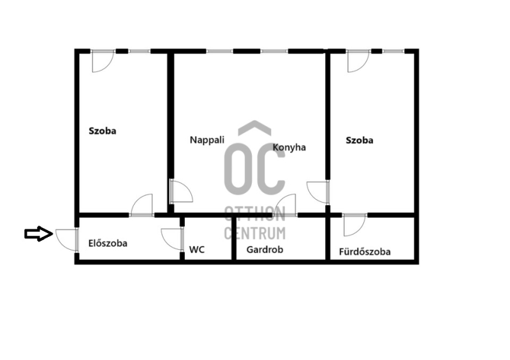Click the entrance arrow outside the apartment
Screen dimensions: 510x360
39,233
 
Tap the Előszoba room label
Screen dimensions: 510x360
108,243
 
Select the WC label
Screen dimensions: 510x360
197,249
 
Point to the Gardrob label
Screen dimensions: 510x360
265,249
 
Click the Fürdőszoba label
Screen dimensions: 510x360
365,252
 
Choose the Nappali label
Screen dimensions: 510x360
207,140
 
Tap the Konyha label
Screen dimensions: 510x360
289,147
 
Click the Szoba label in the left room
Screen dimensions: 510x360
103,131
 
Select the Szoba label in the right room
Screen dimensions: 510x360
360,140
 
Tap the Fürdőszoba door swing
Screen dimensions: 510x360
354,225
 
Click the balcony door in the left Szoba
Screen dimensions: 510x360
103,61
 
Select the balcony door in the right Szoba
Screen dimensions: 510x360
358,61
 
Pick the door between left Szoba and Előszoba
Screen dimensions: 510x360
142,205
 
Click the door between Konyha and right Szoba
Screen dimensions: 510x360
318,192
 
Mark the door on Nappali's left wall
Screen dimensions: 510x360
181,191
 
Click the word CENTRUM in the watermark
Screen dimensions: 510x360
255,233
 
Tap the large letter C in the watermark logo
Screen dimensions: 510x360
270,169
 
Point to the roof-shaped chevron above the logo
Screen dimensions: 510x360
254,128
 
